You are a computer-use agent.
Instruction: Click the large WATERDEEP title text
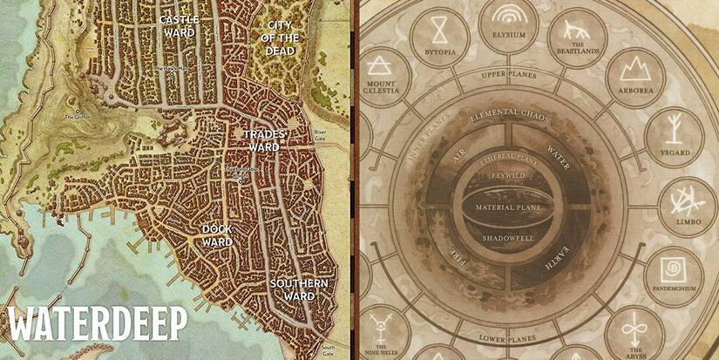click(98, 323)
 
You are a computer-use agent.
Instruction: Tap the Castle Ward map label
click(179, 25)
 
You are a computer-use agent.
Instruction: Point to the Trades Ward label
click(261, 140)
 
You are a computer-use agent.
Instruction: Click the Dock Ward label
click(216, 234)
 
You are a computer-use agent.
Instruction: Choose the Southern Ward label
click(298, 289)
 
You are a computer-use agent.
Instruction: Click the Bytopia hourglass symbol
click(439, 29)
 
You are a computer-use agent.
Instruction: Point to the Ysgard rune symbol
click(675, 128)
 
